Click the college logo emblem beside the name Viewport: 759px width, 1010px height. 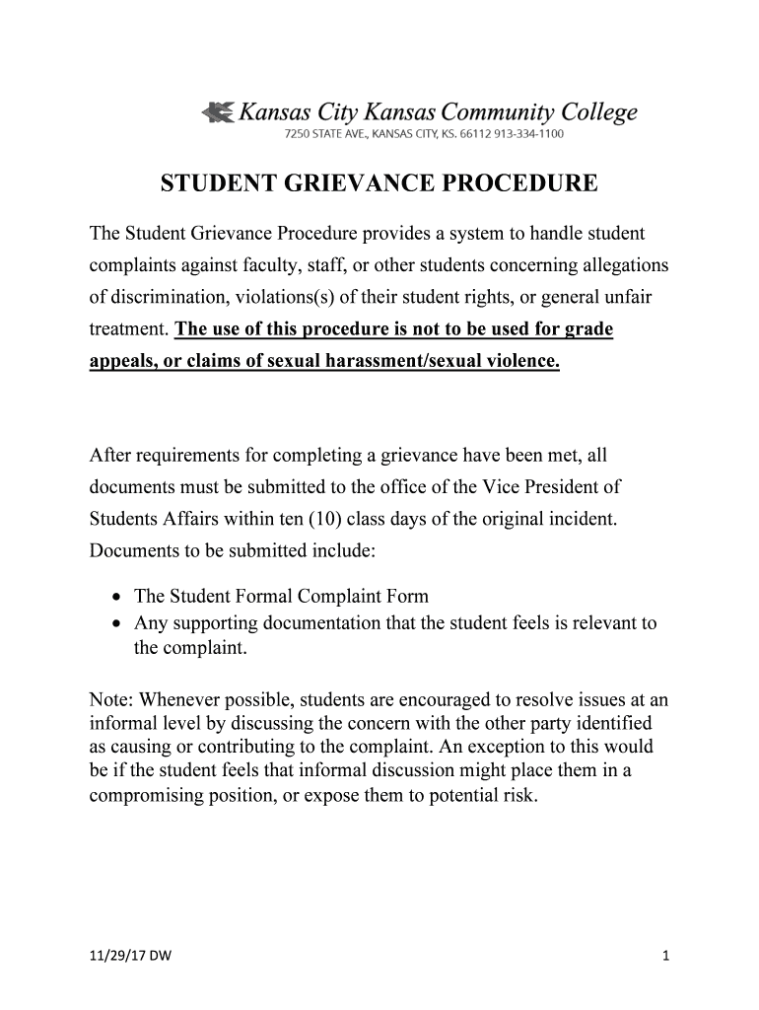[x=217, y=112]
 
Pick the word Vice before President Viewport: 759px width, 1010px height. [x=498, y=487]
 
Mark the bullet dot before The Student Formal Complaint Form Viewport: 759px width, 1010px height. [x=117, y=598]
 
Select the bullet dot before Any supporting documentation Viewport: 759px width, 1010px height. [x=117, y=624]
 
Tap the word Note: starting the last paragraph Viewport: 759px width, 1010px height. [x=111, y=699]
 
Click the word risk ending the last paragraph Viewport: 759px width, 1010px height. [x=518, y=794]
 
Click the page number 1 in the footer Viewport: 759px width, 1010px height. [x=666, y=955]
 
